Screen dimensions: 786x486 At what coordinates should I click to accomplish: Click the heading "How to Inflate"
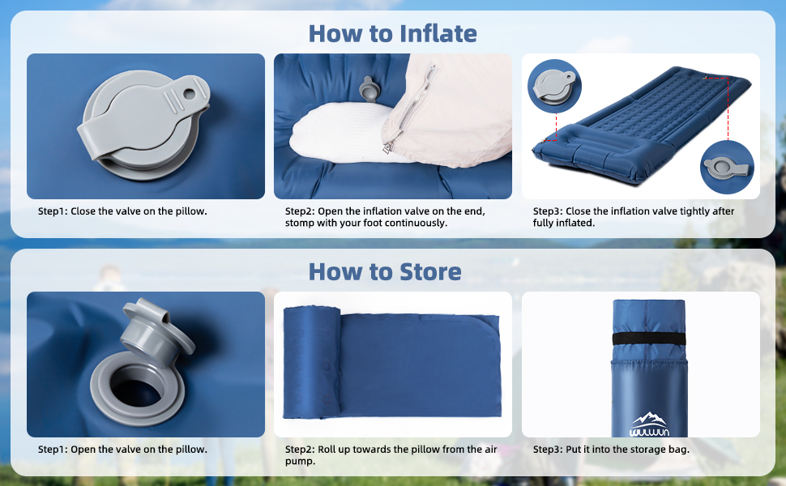pyautogui.click(x=392, y=34)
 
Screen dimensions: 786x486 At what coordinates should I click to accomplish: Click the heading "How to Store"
pyautogui.click(x=385, y=272)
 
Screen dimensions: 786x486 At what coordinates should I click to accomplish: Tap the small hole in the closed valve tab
pyautogui.click(x=190, y=94)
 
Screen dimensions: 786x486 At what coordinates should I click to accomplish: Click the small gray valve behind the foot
pyautogui.click(x=368, y=88)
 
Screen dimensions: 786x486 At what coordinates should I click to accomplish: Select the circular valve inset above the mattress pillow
pyautogui.click(x=554, y=86)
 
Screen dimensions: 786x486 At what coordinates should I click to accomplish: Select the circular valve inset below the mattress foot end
pyautogui.click(x=727, y=168)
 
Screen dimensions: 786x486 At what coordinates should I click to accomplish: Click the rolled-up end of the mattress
pyautogui.click(x=312, y=362)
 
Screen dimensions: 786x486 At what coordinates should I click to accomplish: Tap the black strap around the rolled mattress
pyautogui.click(x=649, y=339)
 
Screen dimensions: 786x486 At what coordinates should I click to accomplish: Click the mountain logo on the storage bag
pyautogui.click(x=649, y=424)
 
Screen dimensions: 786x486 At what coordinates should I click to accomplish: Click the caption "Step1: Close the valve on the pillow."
pyautogui.click(x=122, y=211)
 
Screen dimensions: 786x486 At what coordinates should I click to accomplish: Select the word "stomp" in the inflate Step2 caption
pyautogui.click(x=299, y=223)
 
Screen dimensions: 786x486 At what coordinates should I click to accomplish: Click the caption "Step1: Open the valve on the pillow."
pyautogui.click(x=122, y=450)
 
